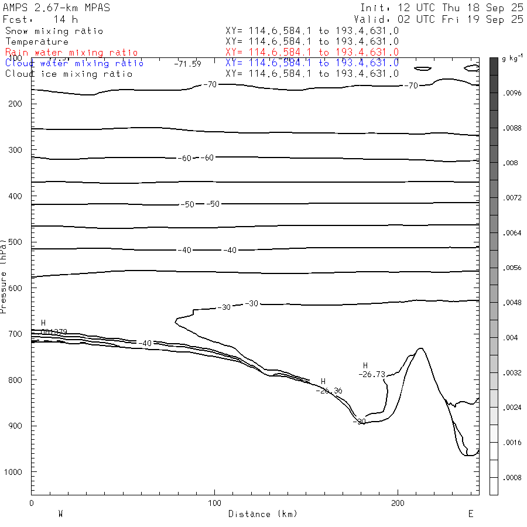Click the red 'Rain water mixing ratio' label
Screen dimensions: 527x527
[x=71, y=53]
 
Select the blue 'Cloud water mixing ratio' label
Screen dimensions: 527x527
[x=74, y=63]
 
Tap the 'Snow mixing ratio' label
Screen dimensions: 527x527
[x=54, y=31]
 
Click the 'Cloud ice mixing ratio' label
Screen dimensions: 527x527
[x=69, y=74]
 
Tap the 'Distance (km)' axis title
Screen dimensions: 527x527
[x=262, y=514]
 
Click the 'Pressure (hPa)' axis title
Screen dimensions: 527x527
[x=4, y=275]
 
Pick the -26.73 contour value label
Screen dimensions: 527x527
[x=372, y=374]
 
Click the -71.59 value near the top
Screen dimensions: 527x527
[x=187, y=63]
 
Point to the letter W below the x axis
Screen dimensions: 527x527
[x=60, y=514]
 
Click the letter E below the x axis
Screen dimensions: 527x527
[x=470, y=514]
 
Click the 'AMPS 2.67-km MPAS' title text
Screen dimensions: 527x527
[x=56, y=8]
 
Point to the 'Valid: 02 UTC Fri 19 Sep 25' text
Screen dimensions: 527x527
[x=442, y=19]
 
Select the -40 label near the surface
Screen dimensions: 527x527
[x=145, y=343]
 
